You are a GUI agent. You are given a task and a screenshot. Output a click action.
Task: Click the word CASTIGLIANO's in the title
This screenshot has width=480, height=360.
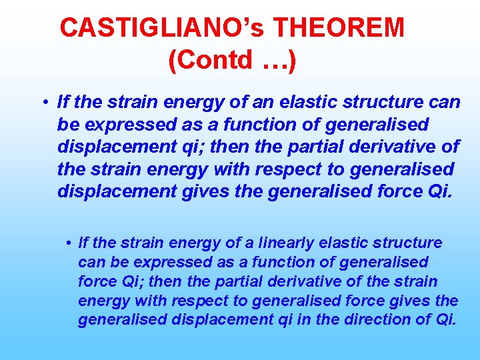(163, 28)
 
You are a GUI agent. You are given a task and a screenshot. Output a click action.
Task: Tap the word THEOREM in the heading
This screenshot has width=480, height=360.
(339, 28)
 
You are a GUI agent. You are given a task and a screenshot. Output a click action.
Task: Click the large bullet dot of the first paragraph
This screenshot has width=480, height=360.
(42, 103)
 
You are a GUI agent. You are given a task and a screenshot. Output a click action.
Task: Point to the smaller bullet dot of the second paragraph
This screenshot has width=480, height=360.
(69, 243)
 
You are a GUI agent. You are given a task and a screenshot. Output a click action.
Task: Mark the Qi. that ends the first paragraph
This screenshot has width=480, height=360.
(436, 191)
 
